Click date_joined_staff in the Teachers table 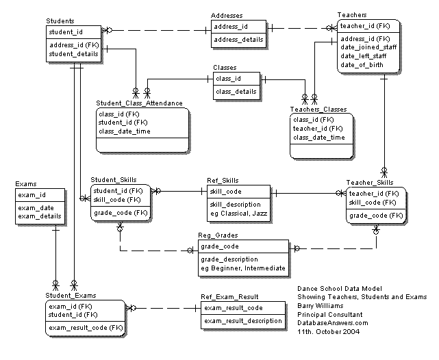click(369, 47)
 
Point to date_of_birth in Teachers click(363, 64)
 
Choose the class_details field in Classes click(236, 91)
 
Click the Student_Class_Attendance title click(140, 103)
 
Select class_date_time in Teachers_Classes click(318, 138)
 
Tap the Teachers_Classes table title click(318, 110)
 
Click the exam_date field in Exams click(37, 207)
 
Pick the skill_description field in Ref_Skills click(234, 204)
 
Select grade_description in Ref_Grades click(229, 259)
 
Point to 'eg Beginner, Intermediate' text click(242, 268)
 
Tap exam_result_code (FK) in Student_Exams click(85, 328)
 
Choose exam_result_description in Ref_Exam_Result click(243, 320)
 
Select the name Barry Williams click(319, 306)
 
